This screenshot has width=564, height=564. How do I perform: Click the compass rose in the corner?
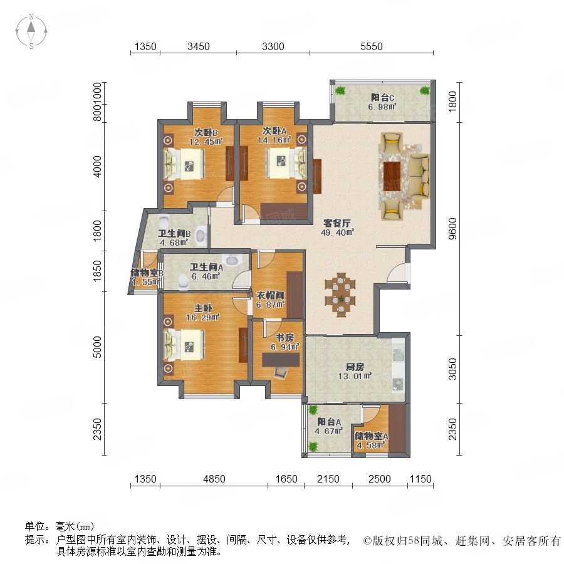click(31, 31)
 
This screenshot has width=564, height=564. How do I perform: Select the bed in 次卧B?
click(184, 164)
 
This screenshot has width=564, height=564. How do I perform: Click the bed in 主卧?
click(184, 345)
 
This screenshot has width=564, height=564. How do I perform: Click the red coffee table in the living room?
click(392, 176)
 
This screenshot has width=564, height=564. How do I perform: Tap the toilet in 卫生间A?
click(184, 281)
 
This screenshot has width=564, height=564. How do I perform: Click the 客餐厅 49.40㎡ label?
click(337, 227)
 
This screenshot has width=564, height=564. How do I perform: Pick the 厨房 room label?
click(355, 367)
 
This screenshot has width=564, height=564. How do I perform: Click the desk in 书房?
click(281, 360)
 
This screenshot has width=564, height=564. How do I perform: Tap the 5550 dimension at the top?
click(372, 46)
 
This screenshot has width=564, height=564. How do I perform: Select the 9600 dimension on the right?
click(453, 228)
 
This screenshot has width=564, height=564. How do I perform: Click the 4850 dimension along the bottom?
click(214, 479)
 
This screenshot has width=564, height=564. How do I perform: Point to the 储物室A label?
click(371, 436)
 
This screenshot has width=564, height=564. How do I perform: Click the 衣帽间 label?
click(270, 296)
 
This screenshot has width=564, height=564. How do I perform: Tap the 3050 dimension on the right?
click(453, 368)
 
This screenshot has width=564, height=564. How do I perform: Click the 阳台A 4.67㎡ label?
click(329, 426)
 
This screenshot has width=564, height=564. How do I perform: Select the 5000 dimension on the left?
click(97, 347)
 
